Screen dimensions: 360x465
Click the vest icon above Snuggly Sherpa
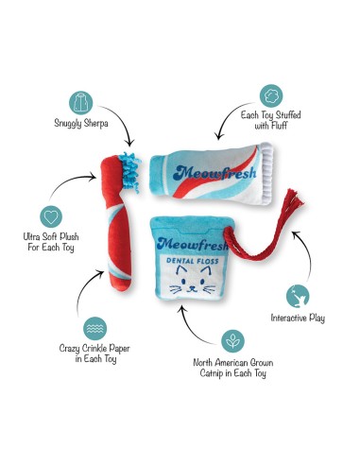(80, 103)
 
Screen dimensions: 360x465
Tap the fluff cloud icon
(271, 95)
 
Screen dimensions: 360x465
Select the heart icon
(51, 216)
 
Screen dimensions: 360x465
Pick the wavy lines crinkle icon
(94, 329)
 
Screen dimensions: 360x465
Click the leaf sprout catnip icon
(232, 341)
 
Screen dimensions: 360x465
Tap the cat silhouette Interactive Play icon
(298, 296)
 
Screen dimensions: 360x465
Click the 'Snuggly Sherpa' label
(81, 123)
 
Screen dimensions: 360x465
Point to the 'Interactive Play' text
(298, 318)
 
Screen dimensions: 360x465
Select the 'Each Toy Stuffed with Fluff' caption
(271, 120)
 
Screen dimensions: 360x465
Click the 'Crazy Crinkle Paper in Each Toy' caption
(94, 353)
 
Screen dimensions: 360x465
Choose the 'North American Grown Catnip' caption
(233, 368)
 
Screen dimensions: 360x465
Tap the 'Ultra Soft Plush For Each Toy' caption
(51, 242)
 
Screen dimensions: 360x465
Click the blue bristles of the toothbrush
(130, 171)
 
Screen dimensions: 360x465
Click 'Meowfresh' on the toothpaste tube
(214, 173)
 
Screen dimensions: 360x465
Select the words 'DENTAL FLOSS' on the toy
(193, 261)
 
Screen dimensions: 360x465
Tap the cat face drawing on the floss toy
(193, 281)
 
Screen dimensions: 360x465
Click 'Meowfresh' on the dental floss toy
(193, 244)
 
